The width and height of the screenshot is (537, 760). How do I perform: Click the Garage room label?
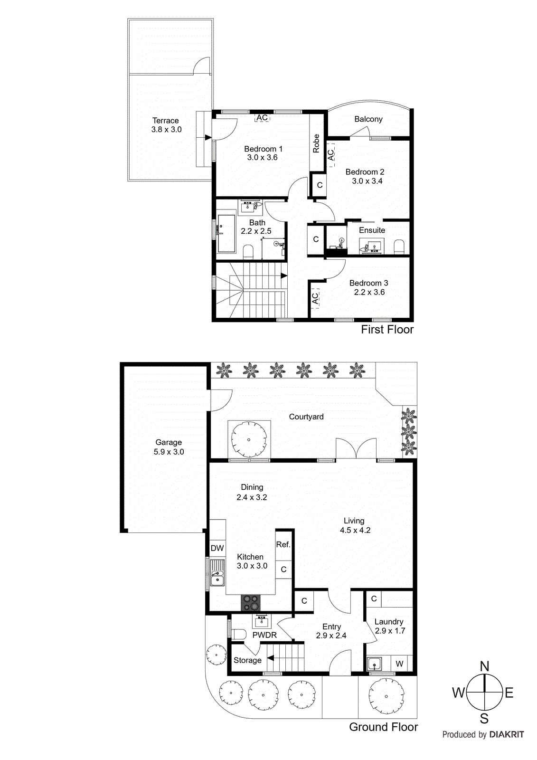click(169, 442)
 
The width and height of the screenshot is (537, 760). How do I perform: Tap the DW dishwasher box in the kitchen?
click(217, 548)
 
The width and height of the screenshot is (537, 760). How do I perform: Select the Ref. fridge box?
click(283, 545)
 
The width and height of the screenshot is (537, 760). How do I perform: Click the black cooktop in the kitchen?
click(251, 603)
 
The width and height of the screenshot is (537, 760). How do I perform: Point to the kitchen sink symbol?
click(217, 573)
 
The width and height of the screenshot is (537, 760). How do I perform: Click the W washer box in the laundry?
click(400, 664)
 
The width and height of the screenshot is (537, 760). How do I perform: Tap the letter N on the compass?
click(484, 666)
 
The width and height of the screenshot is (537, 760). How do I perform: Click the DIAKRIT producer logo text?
click(507, 734)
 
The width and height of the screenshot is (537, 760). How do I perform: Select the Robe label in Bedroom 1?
click(316, 143)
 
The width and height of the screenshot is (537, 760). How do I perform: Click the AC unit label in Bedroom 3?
click(315, 298)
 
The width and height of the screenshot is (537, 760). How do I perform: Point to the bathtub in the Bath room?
click(226, 233)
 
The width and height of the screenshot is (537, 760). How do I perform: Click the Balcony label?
click(368, 119)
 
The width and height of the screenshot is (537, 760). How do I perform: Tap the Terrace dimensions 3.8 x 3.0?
click(166, 129)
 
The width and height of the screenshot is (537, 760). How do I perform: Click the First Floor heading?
click(387, 329)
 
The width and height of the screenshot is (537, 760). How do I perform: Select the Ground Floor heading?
click(383, 727)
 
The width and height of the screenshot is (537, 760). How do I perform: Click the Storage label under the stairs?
click(247, 660)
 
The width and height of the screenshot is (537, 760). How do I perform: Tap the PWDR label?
click(264, 635)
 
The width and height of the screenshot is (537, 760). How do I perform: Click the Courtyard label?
click(306, 417)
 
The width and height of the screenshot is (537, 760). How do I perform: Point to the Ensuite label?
click(372, 230)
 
